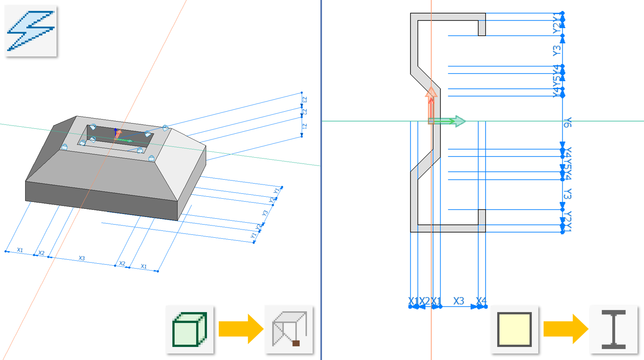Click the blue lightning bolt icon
(x=31, y=30)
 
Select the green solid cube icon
(x=189, y=329)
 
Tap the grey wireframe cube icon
(x=289, y=329)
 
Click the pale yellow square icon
(x=514, y=329)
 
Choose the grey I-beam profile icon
(x=614, y=329)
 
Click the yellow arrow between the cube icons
(x=240, y=329)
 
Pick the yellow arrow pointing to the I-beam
(x=565, y=329)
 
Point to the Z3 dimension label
(x=305, y=100)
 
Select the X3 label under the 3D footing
(x=82, y=258)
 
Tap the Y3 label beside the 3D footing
(x=265, y=213)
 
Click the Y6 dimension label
(x=568, y=122)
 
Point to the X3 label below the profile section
(x=459, y=301)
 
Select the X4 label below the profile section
(x=481, y=301)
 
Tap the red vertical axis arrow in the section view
(x=431, y=104)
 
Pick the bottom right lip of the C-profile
(x=482, y=217)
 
